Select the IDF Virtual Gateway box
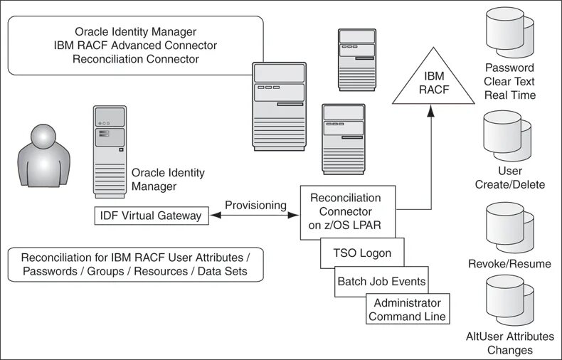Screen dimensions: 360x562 (152, 216)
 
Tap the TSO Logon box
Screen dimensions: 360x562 (361, 253)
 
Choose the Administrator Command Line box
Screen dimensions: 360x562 (408, 309)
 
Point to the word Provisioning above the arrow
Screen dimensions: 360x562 (255, 205)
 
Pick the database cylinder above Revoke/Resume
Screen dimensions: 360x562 (508, 226)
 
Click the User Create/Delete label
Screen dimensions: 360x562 (510, 178)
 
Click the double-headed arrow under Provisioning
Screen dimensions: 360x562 (255, 216)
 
